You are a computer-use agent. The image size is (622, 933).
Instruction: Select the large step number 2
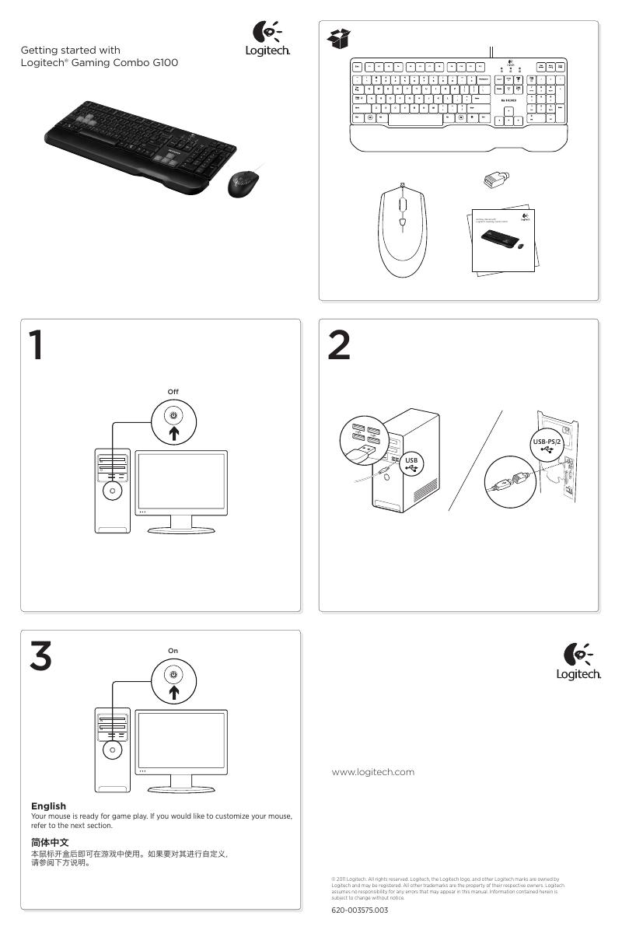coord(338,345)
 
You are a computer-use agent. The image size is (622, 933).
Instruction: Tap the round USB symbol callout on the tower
coord(411,463)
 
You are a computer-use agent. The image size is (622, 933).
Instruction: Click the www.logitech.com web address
coord(372,772)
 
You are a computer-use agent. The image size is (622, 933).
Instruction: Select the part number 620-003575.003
coord(359,910)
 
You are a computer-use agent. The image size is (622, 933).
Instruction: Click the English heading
coord(48,805)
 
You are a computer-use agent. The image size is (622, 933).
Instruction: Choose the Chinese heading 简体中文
coord(50,842)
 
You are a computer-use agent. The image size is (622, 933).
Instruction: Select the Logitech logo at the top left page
coord(267,40)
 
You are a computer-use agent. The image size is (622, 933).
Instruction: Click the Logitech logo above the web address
coord(578,662)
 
